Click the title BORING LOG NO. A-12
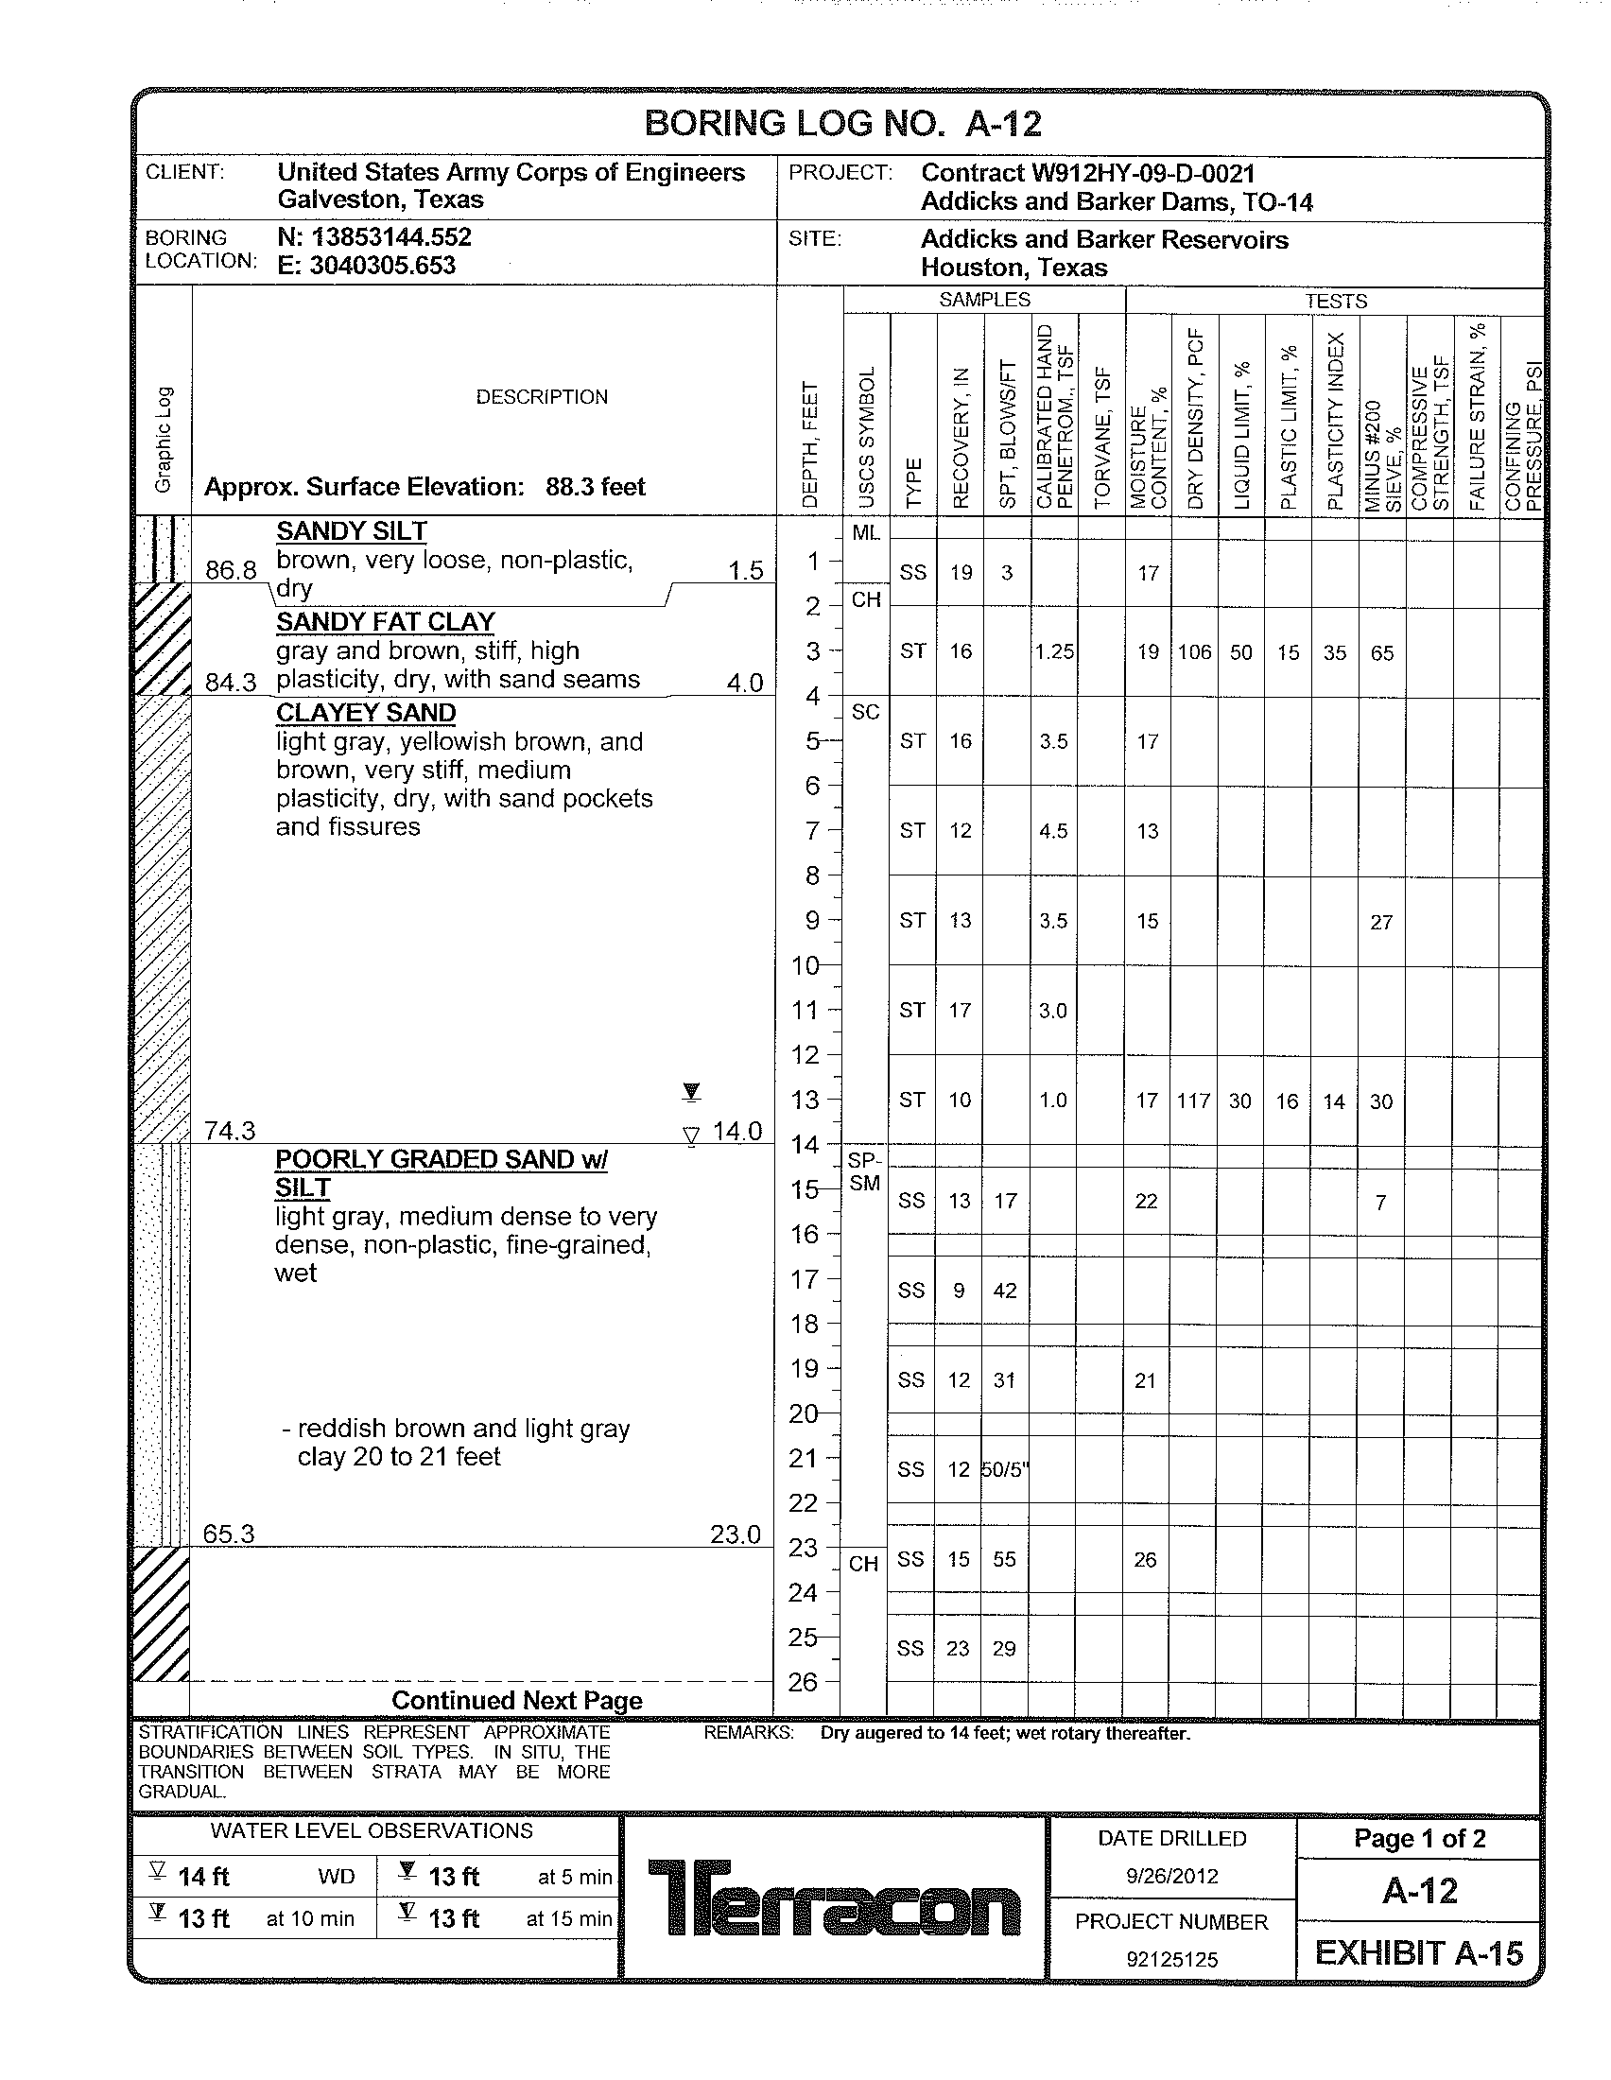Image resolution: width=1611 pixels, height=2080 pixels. (x=842, y=124)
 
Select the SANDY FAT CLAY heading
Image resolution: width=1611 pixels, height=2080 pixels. (x=386, y=622)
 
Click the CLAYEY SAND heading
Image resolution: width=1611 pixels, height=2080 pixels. (x=366, y=712)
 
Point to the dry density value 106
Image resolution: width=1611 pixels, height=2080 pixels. (x=1194, y=652)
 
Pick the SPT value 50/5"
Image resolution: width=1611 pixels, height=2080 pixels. (x=1005, y=1469)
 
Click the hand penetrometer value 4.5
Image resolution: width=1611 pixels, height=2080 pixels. (x=1053, y=831)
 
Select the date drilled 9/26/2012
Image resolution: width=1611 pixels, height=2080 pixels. (x=1171, y=1876)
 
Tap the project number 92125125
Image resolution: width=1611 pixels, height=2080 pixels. (x=1171, y=1959)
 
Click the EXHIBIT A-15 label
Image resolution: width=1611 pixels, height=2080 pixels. (x=1419, y=1953)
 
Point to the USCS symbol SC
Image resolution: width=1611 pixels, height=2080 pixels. (x=865, y=712)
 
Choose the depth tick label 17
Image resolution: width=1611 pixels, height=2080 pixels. (x=805, y=1279)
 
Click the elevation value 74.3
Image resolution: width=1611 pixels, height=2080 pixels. (x=230, y=1131)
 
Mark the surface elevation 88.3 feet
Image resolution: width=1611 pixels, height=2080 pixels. (x=595, y=487)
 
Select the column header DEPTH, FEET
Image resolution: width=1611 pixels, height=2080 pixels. (x=810, y=444)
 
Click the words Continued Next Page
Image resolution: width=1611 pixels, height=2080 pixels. (x=517, y=1700)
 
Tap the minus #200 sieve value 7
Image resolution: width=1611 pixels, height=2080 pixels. (x=1380, y=1203)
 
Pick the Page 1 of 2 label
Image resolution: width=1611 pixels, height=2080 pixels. (x=1419, y=1838)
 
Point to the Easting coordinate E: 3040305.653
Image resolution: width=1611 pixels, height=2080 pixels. (x=367, y=266)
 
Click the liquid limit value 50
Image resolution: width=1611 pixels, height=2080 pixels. (x=1240, y=652)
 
